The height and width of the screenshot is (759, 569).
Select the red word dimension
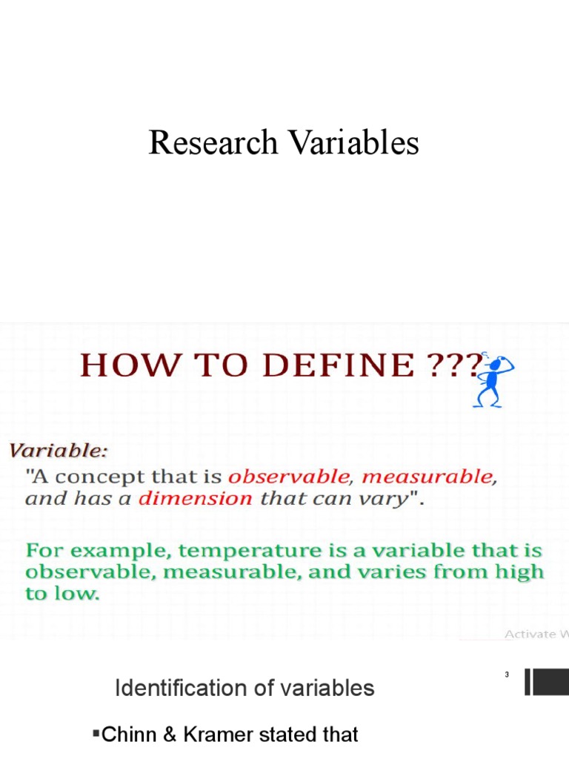196,498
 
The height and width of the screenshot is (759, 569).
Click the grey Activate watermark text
529,634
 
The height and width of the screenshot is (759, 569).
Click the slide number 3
507,675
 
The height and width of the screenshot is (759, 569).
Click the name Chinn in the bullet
124,735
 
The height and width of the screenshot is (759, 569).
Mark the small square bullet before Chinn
96,733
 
